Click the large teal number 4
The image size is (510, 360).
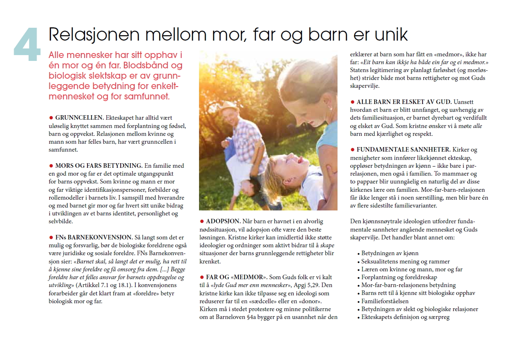click(27, 45)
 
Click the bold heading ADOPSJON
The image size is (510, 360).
click(224, 221)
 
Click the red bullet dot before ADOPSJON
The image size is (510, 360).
click(202, 221)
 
